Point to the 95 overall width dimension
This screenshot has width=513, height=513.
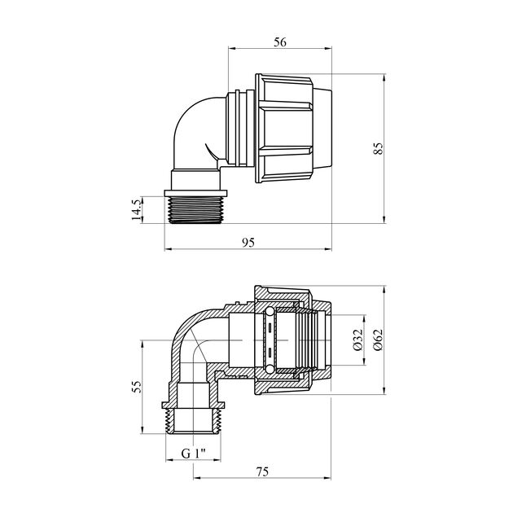(x=248, y=242)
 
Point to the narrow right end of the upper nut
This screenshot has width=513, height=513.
(x=322, y=129)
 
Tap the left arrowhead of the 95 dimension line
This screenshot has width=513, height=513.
(x=168, y=251)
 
